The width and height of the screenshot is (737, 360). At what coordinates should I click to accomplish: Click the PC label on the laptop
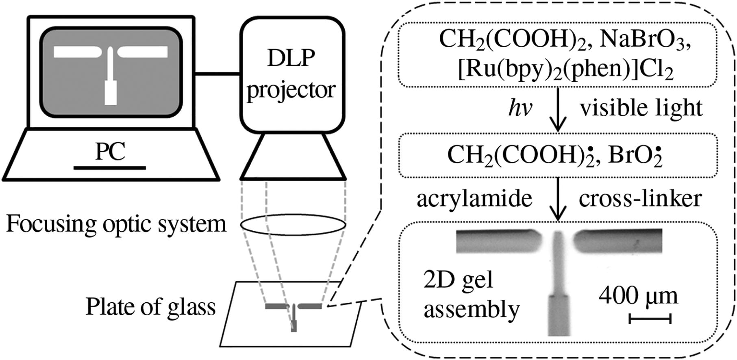tap(110, 152)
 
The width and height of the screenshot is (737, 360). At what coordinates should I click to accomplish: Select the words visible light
tap(641, 108)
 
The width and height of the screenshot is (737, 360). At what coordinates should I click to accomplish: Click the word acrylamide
tap(474, 199)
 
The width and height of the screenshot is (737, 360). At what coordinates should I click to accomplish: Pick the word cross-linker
tap(640, 199)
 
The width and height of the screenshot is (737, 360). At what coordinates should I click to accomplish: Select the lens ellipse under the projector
tap(293, 225)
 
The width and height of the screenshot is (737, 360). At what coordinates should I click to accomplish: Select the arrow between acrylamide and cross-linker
tap(558, 199)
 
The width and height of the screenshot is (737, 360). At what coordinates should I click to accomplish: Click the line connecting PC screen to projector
tap(217, 74)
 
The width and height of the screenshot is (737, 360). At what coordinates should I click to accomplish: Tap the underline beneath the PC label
tap(110, 167)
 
